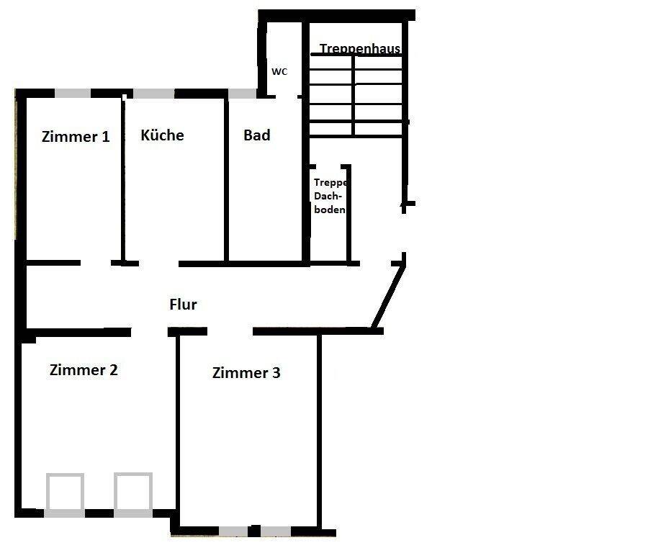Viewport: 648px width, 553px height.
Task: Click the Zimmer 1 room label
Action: pos(76,136)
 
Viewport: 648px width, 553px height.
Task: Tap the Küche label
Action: pos(162,135)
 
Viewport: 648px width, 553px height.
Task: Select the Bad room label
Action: pos(256,135)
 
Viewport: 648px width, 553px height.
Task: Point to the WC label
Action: pos(279,71)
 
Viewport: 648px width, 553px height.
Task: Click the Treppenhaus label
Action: pos(360,49)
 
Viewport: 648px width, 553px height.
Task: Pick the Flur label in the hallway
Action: pos(183,304)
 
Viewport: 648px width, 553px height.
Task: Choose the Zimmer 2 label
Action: pos(84,370)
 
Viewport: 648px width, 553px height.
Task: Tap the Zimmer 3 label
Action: pos(246,373)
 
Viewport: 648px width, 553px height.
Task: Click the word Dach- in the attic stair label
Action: pos(328,196)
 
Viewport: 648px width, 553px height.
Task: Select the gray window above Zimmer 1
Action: pos(73,94)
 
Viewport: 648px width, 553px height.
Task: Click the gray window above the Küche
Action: pos(154,94)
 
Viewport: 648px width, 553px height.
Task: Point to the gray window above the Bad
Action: pos(243,94)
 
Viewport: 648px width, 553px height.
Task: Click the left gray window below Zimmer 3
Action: pos(233,531)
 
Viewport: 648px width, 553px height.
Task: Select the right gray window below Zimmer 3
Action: pos(276,531)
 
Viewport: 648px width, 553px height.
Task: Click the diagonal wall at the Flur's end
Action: pos(388,297)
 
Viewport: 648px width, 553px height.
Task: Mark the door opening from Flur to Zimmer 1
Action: pos(96,263)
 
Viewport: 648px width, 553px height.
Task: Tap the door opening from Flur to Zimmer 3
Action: pos(230,331)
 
